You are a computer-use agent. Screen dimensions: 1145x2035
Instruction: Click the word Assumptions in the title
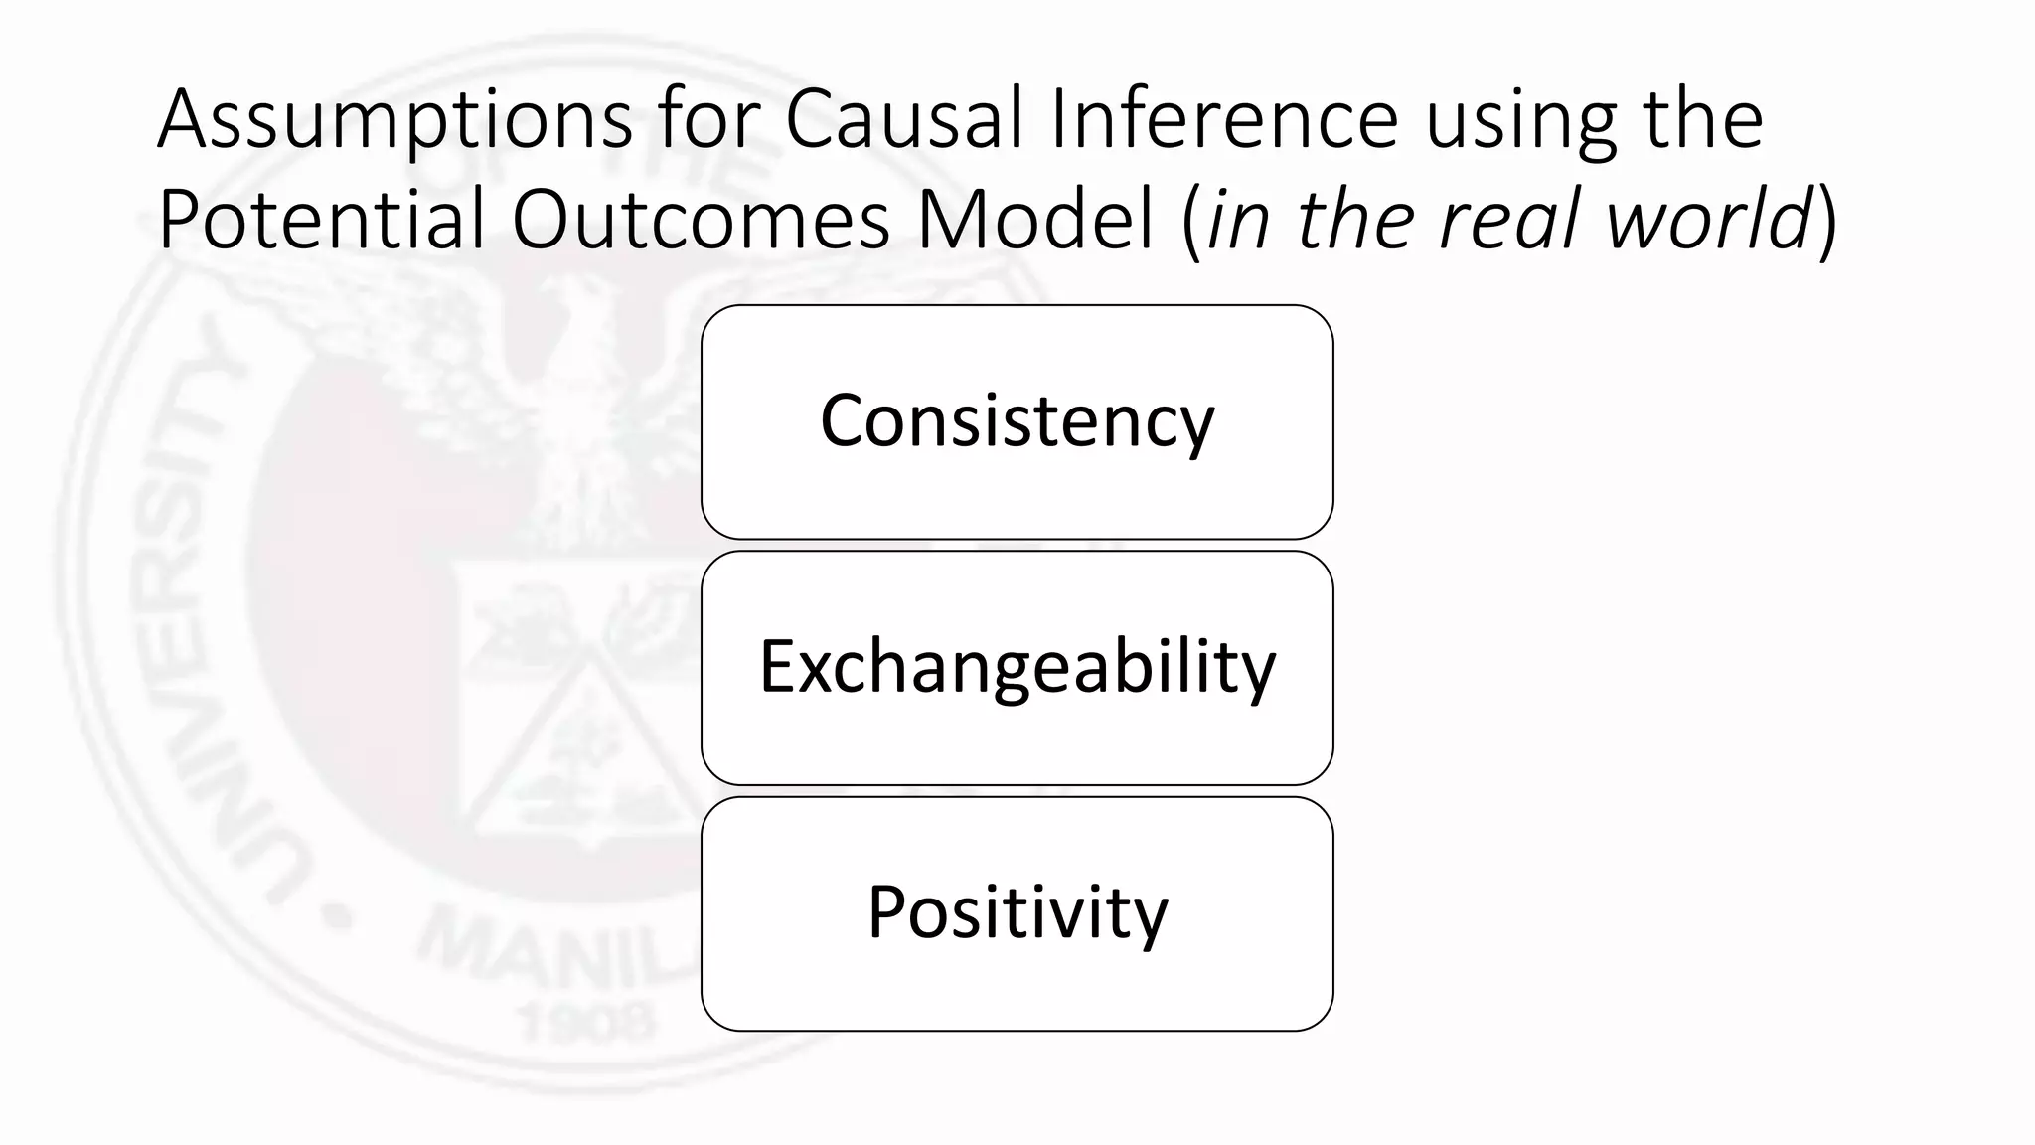(x=395, y=121)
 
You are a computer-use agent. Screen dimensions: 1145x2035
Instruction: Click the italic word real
(x=1511, y=220)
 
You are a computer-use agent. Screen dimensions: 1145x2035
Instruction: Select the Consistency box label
(x=1017, y=421)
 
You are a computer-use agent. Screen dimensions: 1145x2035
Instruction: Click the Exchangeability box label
(x=1017, y=667)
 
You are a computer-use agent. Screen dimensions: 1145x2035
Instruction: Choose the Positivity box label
(x=1017, y=912)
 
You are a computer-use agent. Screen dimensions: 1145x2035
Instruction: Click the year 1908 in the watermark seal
(x=586, y=1021)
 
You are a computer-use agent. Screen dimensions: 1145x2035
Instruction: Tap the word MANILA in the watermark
(x=556, y=954)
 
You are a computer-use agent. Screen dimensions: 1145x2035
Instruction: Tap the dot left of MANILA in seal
(x=339, y=918)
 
